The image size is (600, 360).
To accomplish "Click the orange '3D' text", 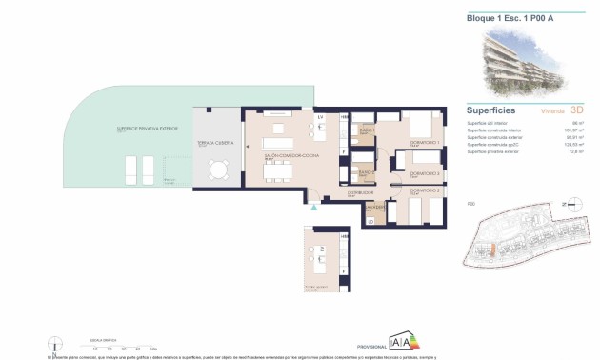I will tap(576, 110).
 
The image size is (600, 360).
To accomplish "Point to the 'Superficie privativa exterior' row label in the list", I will tap(491, 151).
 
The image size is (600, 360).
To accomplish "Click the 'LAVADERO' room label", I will tap(373, 207).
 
